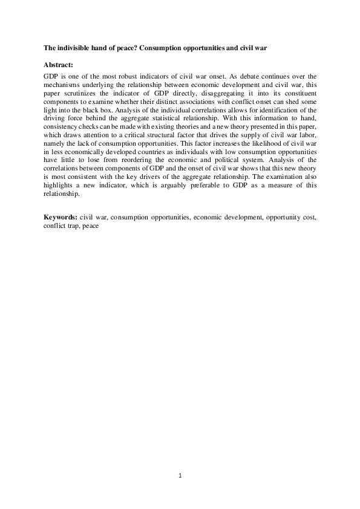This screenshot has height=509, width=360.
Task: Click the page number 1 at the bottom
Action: (x=180, y=475)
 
